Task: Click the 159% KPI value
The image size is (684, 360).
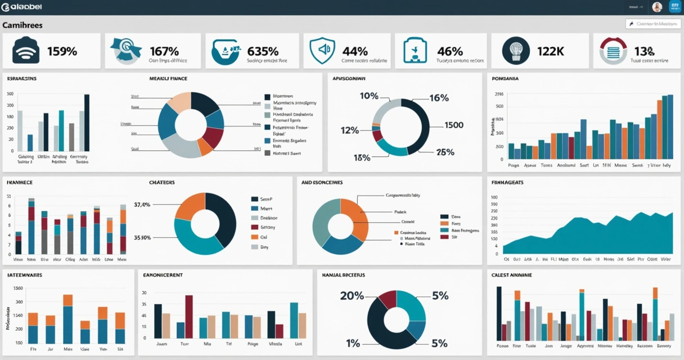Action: [62, 51]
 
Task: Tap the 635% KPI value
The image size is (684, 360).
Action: [263, 51]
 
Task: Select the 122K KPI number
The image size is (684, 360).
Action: [550, 51]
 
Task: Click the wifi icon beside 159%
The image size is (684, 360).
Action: [25, 51]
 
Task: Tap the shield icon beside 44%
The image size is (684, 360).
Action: [322, 51]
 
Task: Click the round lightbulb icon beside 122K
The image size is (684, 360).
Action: [515, 51]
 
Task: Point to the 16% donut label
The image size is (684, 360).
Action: [439, 98]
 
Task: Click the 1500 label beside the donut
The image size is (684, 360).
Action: [454, 125]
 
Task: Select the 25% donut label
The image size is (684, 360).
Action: [445, 152]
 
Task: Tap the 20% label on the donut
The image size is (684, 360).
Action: [352, 296]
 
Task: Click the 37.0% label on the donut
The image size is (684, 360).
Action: [142, 205]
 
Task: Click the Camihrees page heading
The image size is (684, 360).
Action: [22, 25]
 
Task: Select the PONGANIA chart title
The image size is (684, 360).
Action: [505, 79]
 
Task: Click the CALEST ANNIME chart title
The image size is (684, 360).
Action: [512, 275]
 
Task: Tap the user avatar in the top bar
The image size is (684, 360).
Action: [657, 7]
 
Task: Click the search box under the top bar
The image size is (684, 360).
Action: [654, 24]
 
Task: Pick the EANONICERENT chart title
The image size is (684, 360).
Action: [163, 275]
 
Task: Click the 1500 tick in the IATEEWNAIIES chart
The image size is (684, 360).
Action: [18, 289]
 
